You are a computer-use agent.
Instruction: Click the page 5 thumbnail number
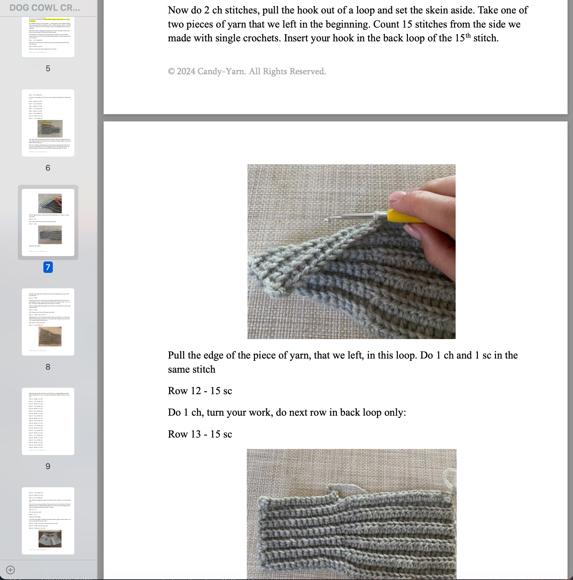48,69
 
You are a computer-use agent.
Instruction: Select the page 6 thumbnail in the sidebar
48,123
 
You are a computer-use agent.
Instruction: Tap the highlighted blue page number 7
48,267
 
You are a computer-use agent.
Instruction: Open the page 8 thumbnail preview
48,322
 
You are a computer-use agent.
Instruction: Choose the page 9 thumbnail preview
48,421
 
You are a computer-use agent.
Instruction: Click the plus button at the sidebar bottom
10,570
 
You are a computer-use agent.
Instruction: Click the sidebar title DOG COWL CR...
45,8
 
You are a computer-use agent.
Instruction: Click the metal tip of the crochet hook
327,219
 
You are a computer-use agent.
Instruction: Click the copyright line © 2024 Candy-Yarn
247,71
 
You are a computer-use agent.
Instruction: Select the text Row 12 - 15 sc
200,391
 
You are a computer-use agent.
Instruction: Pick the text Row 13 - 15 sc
200,434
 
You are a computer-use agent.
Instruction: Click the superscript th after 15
468,35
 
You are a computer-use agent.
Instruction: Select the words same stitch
192,370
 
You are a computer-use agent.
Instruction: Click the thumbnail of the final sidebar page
48,521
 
